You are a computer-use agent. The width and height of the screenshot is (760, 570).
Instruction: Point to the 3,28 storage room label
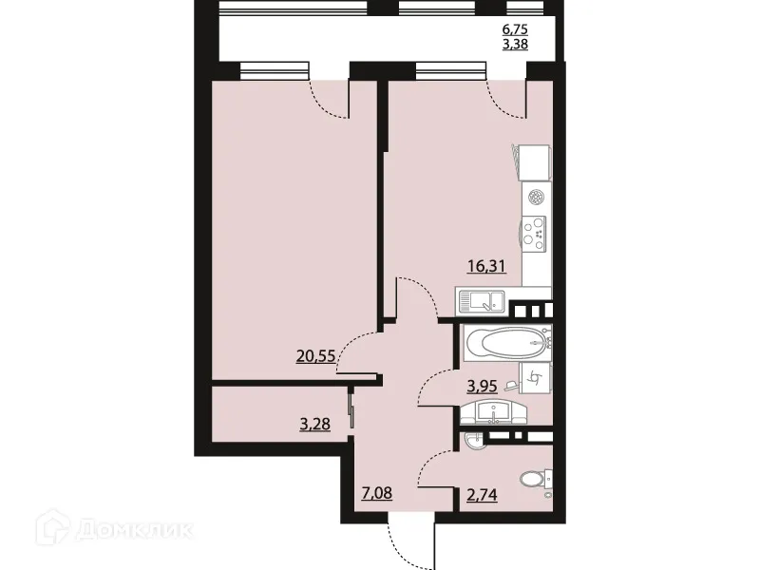[314, 424]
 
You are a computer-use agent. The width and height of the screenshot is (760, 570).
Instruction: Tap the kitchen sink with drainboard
[484, 303]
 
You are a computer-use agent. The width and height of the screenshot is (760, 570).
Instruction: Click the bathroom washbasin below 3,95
[491, 413]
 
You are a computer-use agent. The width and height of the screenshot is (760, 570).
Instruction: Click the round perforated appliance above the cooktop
[537, 198]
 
